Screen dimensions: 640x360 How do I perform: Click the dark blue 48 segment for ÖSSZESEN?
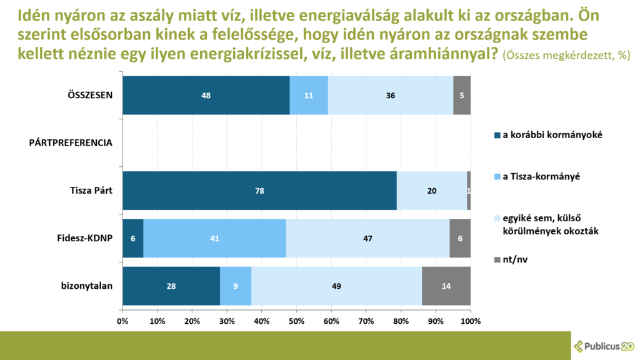pyautogui.click(x=206, y=95)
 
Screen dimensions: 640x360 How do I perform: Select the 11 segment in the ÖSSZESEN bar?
pyautogui.click(x=309, y=95)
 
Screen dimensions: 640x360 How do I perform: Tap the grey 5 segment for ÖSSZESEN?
pyautogui.click(x=462, y=95)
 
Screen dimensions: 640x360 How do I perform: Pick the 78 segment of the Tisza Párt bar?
pyautogui.click(x=259, y=191)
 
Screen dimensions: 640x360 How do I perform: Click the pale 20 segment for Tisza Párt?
pyautogui.click(x=432, y=191)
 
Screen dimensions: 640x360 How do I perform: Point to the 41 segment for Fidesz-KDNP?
pyautogui.click(x=215, y=238)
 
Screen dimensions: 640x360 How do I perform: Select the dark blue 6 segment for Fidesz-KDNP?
pyautogui.click(x=133, y=238)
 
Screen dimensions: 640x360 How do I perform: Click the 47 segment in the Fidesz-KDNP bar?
pyautogui.click(x=367, y=238)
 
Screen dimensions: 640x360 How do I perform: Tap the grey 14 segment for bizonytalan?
pyautogui.click(x=446, y=286)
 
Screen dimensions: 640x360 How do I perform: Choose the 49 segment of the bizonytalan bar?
pyautogui.click(x=337, y=286)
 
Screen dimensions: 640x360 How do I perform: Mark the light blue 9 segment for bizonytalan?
pyautogui.click(x=236, y=286)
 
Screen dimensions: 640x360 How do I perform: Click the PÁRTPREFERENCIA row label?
pyautogui.click(x=71, y=143)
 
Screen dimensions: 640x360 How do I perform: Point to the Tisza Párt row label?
pyautogui.click(x=91, y=191)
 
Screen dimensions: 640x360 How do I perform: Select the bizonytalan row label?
pyautogui.click(x=86, y=286)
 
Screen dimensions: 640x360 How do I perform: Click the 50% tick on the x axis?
pyautogui.click(x=297, y=321)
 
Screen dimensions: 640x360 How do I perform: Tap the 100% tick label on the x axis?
pyautogui.click(x=471, y=321)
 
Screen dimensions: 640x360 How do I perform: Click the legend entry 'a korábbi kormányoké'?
pyautogui.click(x=548, y=135)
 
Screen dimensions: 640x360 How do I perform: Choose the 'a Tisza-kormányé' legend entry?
pyautogui.click(x=537, y=177)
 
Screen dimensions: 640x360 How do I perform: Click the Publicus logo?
pyautogui.click(x=604, y=346)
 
